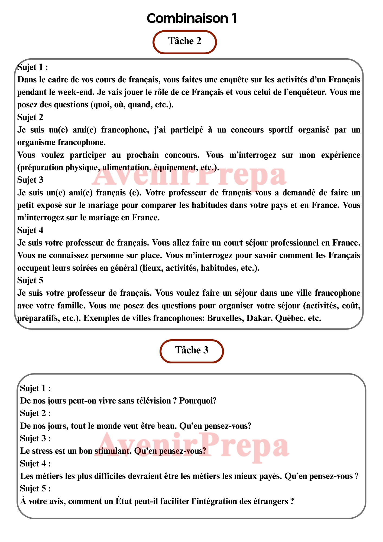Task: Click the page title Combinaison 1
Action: (x=192, y=18)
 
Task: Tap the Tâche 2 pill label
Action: (x=185, y=41)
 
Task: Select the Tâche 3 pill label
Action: (x=192, y=350)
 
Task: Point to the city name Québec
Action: (x=288, y=318)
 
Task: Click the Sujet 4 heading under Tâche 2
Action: (x=30, y=230)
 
